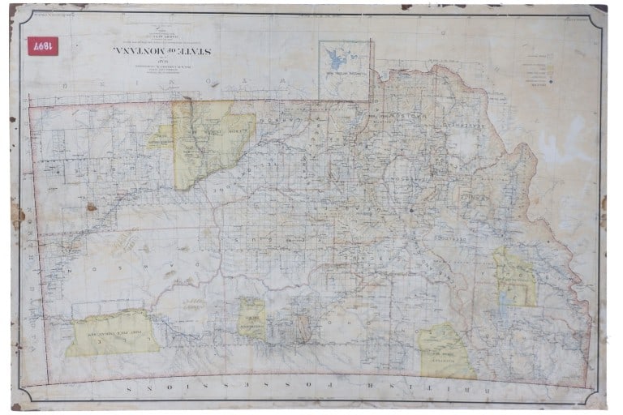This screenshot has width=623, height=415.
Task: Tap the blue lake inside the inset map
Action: pos(333,58)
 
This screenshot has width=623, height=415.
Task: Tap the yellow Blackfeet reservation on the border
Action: pos(448,352)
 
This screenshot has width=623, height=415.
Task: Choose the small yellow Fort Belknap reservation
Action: pos(252,319)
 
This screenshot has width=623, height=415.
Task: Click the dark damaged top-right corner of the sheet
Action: pos(597,8)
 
